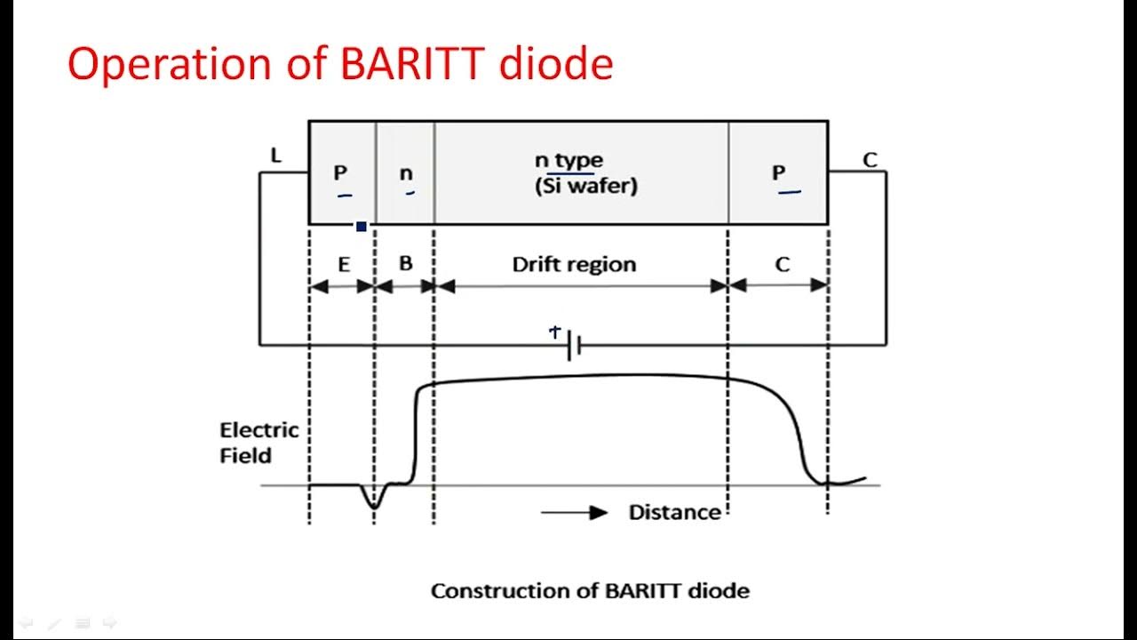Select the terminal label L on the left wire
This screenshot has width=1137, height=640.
275,156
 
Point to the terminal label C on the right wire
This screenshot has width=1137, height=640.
870,160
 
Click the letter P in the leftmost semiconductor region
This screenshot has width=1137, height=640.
340,172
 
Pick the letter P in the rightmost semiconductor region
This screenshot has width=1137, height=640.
778,172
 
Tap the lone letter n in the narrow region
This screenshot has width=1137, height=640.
406,173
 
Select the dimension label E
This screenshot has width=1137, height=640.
344,265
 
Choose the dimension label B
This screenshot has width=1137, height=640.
405,264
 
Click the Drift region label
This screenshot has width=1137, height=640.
574,264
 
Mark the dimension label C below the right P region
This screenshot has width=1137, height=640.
782,265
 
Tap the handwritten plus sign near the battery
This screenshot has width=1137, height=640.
555,332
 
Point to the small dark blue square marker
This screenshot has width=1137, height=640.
361,227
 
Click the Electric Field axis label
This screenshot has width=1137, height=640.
258,443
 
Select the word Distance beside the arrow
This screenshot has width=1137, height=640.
674,512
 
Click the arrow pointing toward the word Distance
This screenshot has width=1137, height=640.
574,512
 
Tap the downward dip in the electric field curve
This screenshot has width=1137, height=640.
374,501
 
